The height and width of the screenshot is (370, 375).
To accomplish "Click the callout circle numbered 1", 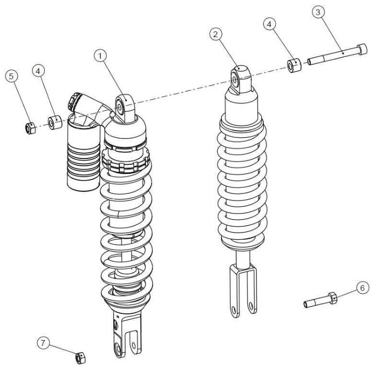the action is click(100, 56).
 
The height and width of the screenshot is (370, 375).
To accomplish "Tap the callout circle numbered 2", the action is click(216, 34).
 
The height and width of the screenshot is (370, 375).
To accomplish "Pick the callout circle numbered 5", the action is click(11, 76).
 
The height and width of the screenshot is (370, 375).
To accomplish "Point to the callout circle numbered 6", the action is click(362, 288).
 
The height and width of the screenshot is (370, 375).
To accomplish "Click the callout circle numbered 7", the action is click(43, 343).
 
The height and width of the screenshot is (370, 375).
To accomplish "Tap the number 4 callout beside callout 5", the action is click(39, 71).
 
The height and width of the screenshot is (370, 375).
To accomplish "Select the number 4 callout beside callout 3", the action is click(269, 24).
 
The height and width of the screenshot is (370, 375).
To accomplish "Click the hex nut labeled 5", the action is click(30, 128).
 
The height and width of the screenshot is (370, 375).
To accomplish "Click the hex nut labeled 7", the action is click(80, 358).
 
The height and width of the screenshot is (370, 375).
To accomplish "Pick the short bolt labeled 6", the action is click(320, 301).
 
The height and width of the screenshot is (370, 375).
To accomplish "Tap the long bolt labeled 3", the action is click(337, 54).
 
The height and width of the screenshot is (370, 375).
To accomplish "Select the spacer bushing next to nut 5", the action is click(55, 122).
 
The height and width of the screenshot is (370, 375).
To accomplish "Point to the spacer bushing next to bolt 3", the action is click(294, 65).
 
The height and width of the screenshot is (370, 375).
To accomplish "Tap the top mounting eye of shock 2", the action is click(241, 80).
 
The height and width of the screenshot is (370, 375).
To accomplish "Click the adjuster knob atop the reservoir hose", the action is click(74, 101).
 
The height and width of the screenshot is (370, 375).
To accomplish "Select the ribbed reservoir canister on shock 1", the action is click(83, 153).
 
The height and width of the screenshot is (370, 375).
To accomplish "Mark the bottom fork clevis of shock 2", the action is click(243, 290).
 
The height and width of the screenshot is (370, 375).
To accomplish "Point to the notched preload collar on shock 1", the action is click(126, 161).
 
